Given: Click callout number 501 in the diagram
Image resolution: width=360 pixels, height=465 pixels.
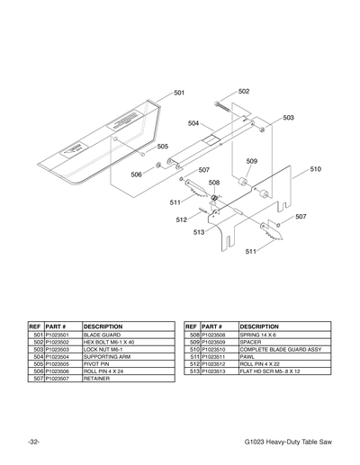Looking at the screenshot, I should [x=179, y=93].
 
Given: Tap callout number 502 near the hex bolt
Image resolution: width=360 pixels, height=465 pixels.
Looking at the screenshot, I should [x=244, y=92].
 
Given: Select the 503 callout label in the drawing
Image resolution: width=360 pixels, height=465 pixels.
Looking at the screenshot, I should [x=288, y=118].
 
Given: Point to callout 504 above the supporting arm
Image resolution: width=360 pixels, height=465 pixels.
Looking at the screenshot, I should [x=193, y=123].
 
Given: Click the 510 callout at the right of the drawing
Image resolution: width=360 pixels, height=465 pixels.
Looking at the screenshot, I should [x=315, y=168].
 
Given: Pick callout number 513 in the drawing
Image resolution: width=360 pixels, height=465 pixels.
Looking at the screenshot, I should [x=199, y=232].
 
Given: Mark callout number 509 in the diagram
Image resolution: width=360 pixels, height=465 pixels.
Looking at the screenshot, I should [x=252, y=161].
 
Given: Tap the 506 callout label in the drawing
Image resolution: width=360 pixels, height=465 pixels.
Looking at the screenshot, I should [x=136, y=174].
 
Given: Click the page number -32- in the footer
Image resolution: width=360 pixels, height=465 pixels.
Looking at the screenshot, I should [x=33, y=443].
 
